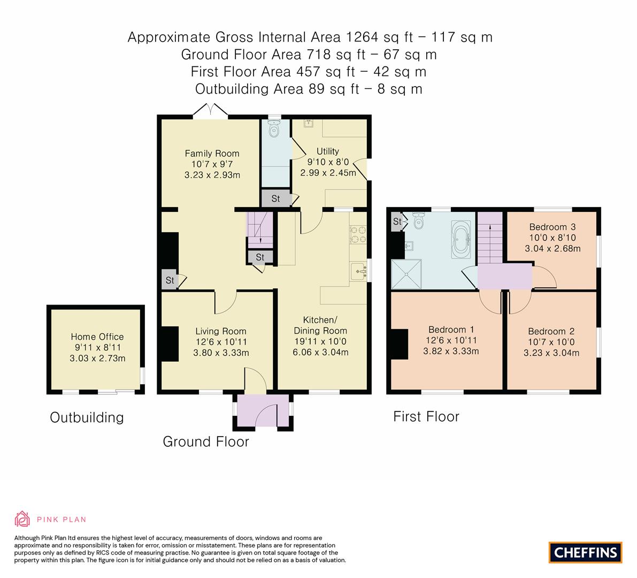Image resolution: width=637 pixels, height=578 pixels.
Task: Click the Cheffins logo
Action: click(x=586, y=552)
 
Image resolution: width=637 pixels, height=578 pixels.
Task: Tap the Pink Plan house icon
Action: click(x=22, y=519)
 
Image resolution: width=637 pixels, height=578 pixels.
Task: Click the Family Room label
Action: click(x=212, y=154)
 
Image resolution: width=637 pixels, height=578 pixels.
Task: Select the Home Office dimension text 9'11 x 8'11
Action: click(x=97, y=347)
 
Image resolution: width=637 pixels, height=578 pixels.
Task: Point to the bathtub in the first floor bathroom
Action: click(x=461, y=239)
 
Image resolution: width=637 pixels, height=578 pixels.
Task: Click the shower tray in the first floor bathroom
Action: click(x=406, y=274)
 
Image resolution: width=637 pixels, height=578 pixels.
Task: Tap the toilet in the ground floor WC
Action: click(x=274, y=128)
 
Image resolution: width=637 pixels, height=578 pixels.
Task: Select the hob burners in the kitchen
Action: click(x=358, y=234)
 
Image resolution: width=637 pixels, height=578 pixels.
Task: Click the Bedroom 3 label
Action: click(x=552, y=227)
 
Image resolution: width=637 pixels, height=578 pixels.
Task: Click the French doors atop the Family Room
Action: click(x=211, y=110)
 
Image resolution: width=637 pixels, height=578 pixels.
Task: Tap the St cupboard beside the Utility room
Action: click(x=275, y=199)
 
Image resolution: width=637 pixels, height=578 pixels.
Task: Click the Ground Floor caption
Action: click(x=205, y=442)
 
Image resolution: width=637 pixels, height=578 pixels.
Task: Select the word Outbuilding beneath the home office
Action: click(x=87, y=417)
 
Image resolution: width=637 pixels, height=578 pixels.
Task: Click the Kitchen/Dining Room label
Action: click(x=320, y=325)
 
